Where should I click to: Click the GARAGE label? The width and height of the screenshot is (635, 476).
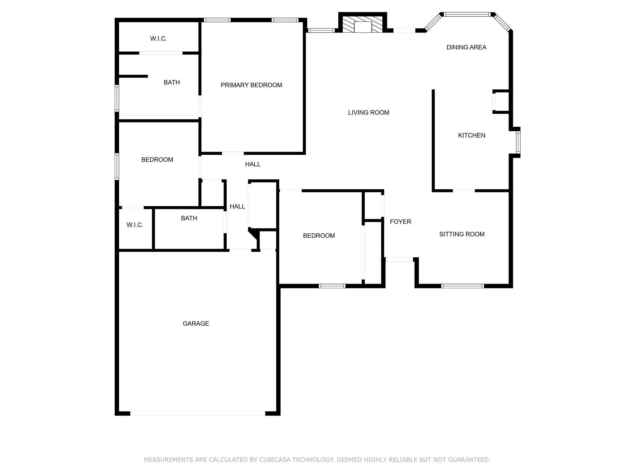(x=196, y=324)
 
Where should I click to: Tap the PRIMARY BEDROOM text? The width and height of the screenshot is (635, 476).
(x=251, y=85)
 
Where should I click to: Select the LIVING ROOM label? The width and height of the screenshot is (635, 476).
(x=369, y=112)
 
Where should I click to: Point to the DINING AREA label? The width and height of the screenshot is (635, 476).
(x=466, y=47)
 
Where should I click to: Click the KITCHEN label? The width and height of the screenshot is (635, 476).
(x=472, y=135)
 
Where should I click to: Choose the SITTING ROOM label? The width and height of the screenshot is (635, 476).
(x=462, y=234)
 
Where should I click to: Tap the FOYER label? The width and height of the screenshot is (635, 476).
(x=400, y=222)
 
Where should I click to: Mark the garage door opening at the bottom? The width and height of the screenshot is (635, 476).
(x=198, y=413)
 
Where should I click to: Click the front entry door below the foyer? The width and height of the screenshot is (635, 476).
(x=399, y=259)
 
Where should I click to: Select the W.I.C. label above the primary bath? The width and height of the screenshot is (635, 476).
(x=158, y=39)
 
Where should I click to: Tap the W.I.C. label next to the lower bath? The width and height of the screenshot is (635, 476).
(x=135, y=225)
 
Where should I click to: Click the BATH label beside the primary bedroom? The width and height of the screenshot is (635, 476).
(x=172, y=82)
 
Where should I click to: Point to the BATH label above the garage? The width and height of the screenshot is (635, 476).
(x=189, y=218)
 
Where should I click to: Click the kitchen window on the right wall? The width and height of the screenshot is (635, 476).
(x=518, y=142)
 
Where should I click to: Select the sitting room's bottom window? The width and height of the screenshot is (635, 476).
(x=462, y=286)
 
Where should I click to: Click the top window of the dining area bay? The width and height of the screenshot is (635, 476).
(x=467, y=14)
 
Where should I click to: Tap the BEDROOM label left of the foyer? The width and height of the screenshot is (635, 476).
(x=319, y=236)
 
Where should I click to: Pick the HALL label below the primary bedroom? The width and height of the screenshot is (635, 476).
(x=253, y=164)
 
